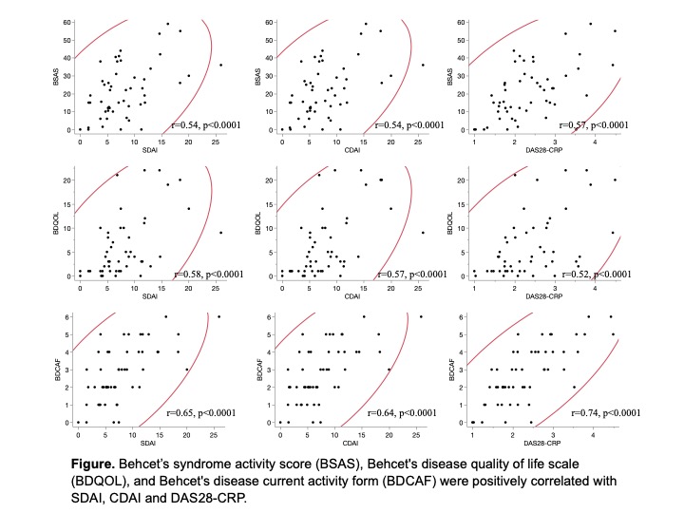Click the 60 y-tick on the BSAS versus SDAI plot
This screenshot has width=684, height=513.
(x=66, y=21)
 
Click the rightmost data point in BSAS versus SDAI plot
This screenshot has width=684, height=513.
(x=220, y=65)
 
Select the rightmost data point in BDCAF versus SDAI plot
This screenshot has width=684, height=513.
(x=218, y=317)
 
